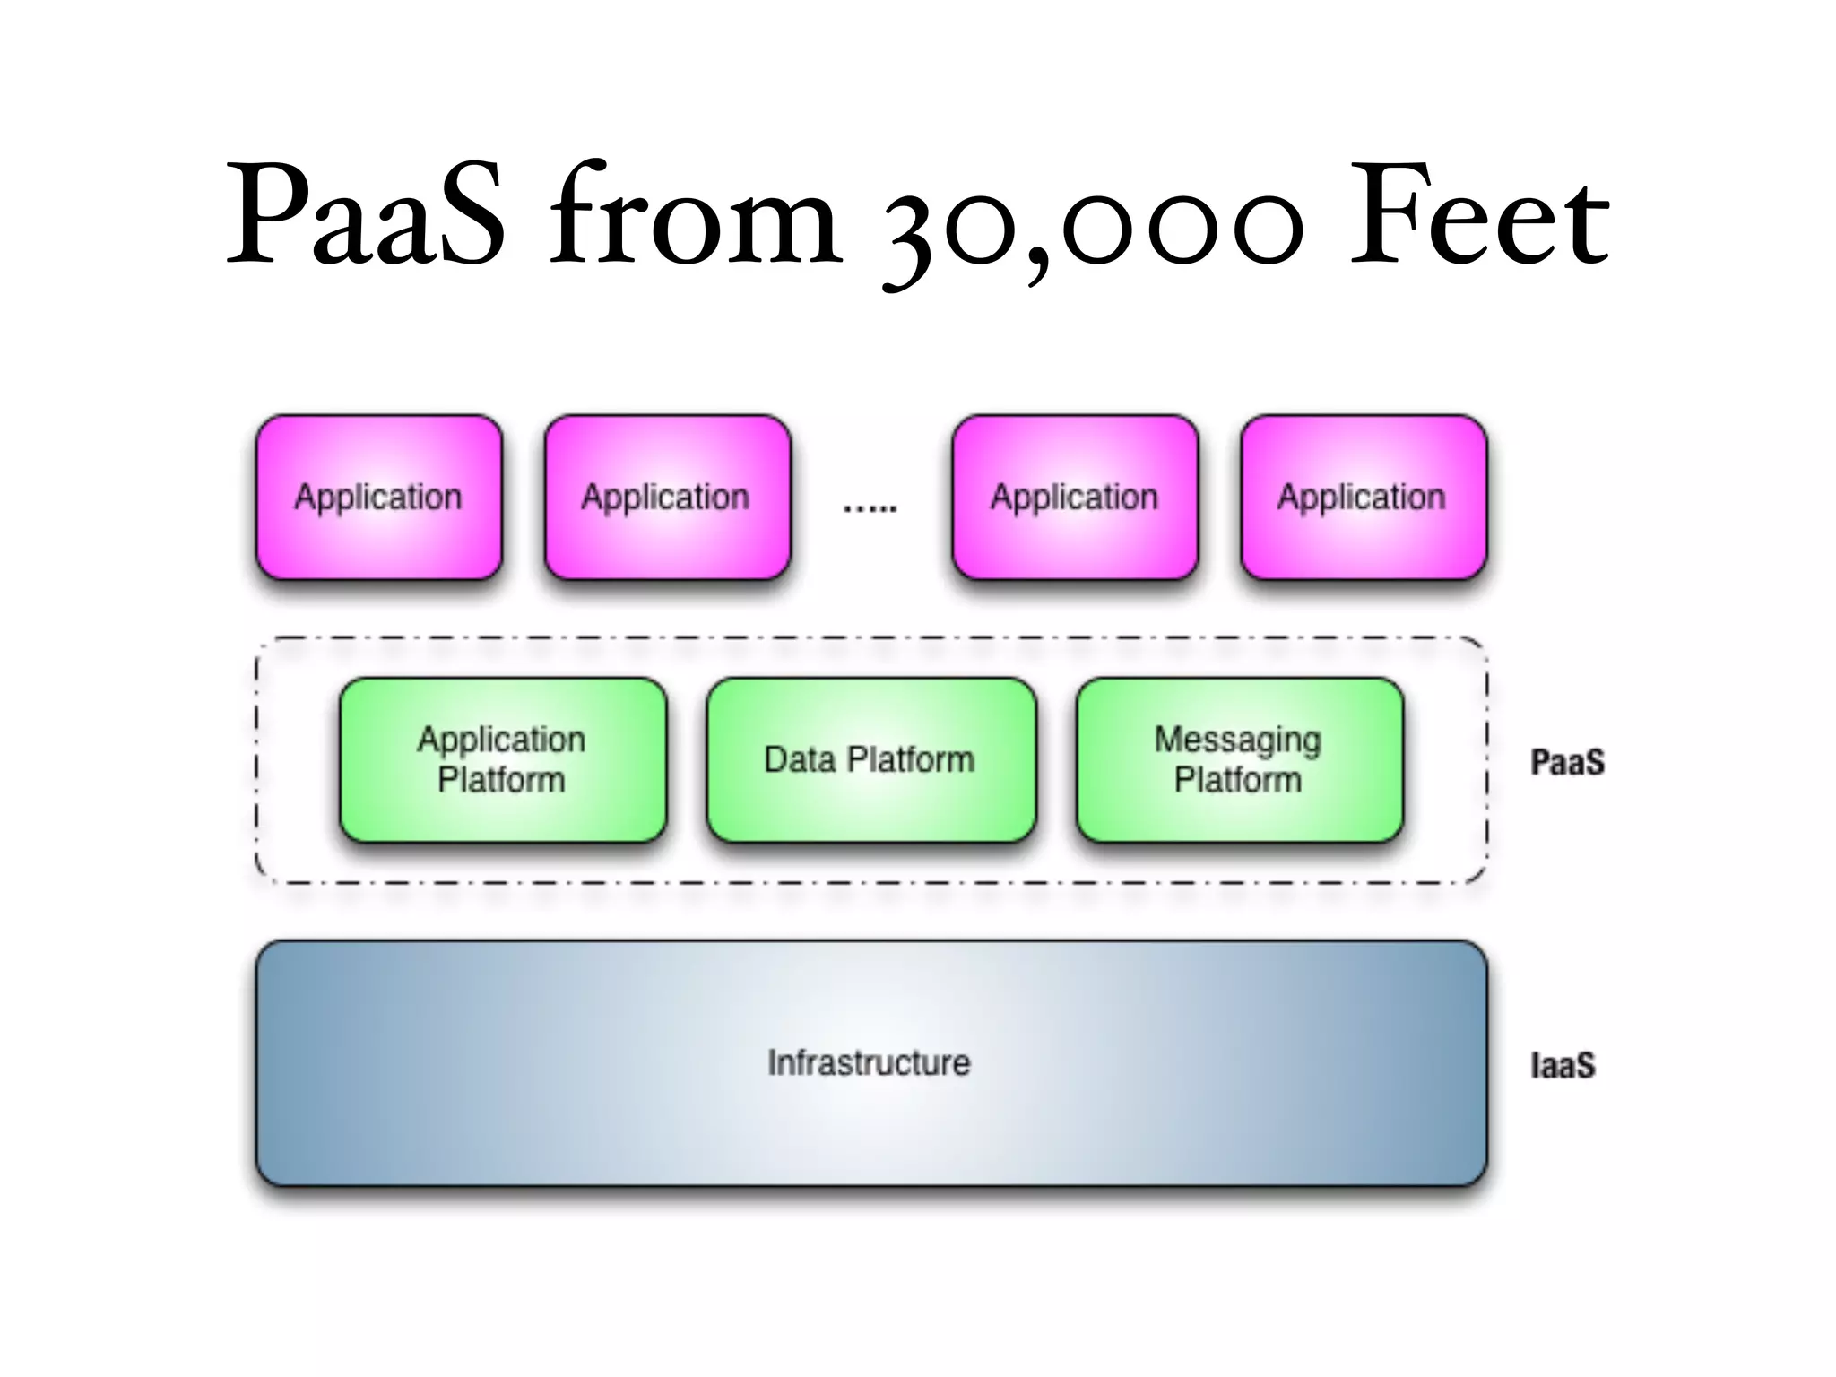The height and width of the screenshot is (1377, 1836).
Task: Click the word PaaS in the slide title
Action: (366, 215)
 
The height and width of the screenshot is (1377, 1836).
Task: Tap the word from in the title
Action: (695, 215)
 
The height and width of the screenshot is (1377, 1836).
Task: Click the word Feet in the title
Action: (1479, 215)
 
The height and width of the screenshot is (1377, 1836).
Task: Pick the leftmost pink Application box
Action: (378, 498)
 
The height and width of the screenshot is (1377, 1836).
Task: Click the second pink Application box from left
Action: (667, 498)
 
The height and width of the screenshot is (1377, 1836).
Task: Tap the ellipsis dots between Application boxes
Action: (870, 508)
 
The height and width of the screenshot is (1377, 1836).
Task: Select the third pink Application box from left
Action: (1075, 498)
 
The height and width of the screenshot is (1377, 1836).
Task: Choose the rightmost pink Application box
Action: (1363, 498)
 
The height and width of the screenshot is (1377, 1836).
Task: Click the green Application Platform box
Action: (503, 760)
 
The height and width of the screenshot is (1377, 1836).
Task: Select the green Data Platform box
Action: (870, 760)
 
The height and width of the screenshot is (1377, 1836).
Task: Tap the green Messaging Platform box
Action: (1239, 760)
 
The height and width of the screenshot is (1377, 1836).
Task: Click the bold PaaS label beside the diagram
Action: (1567, 762)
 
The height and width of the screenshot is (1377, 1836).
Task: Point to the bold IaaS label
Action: (1563, 1065)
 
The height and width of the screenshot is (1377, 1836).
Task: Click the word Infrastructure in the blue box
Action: (869, 1062)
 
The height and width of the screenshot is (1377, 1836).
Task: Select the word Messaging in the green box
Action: (1237, 740)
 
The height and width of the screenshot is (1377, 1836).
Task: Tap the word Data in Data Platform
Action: (800, 759)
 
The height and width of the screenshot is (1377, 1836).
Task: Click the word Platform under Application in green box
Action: (501, 780)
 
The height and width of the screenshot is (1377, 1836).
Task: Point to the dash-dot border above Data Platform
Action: (870, 638)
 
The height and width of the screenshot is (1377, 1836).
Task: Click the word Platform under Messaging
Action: (1237, 780)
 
